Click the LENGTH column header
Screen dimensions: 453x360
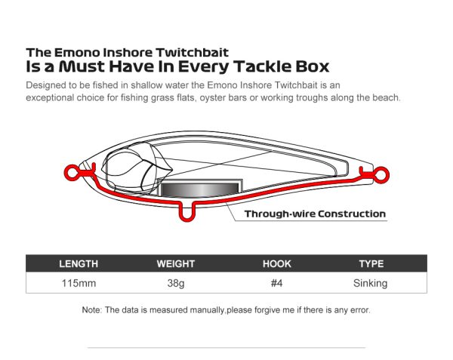coord(79,264)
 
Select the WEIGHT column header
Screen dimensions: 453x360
coord(176,264)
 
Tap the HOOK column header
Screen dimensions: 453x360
coord(277,264)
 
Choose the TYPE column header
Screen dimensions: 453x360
coord(371,264)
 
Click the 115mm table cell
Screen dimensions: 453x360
coord(79,283)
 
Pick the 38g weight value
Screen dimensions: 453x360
coord(176,284)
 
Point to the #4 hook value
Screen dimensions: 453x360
coord(276,283)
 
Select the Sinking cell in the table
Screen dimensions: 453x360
coord(370,284)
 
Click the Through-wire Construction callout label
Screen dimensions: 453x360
coord(315,214)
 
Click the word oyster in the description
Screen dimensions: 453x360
coord(212,98)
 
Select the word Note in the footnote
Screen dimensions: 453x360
coord(91,310)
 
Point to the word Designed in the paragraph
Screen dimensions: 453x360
coord(43,85)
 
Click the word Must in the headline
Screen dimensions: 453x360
coord(82,66)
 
